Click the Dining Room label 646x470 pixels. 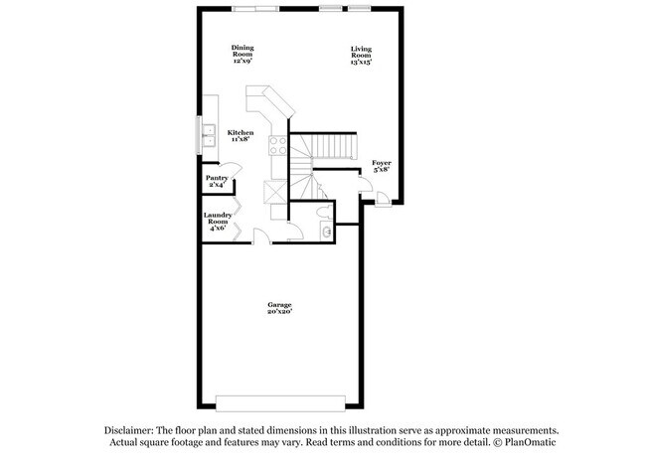(x=242, y=54)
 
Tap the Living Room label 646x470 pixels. (x=361, y=55)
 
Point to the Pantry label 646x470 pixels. (x=217, y=182)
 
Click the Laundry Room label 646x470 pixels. (x=218, y=221)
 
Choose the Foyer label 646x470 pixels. (x=381, y=166)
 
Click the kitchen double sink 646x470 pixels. (x=210, y=135)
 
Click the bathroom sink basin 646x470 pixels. (x=325, y=232)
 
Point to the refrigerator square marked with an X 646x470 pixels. (x=275, y=193)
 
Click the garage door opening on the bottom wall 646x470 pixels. (x=281, y=402)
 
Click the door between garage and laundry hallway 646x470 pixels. (x=261, y=236)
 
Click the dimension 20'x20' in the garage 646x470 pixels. (x=278, y=312)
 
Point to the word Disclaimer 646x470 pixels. (x=129, y=430)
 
